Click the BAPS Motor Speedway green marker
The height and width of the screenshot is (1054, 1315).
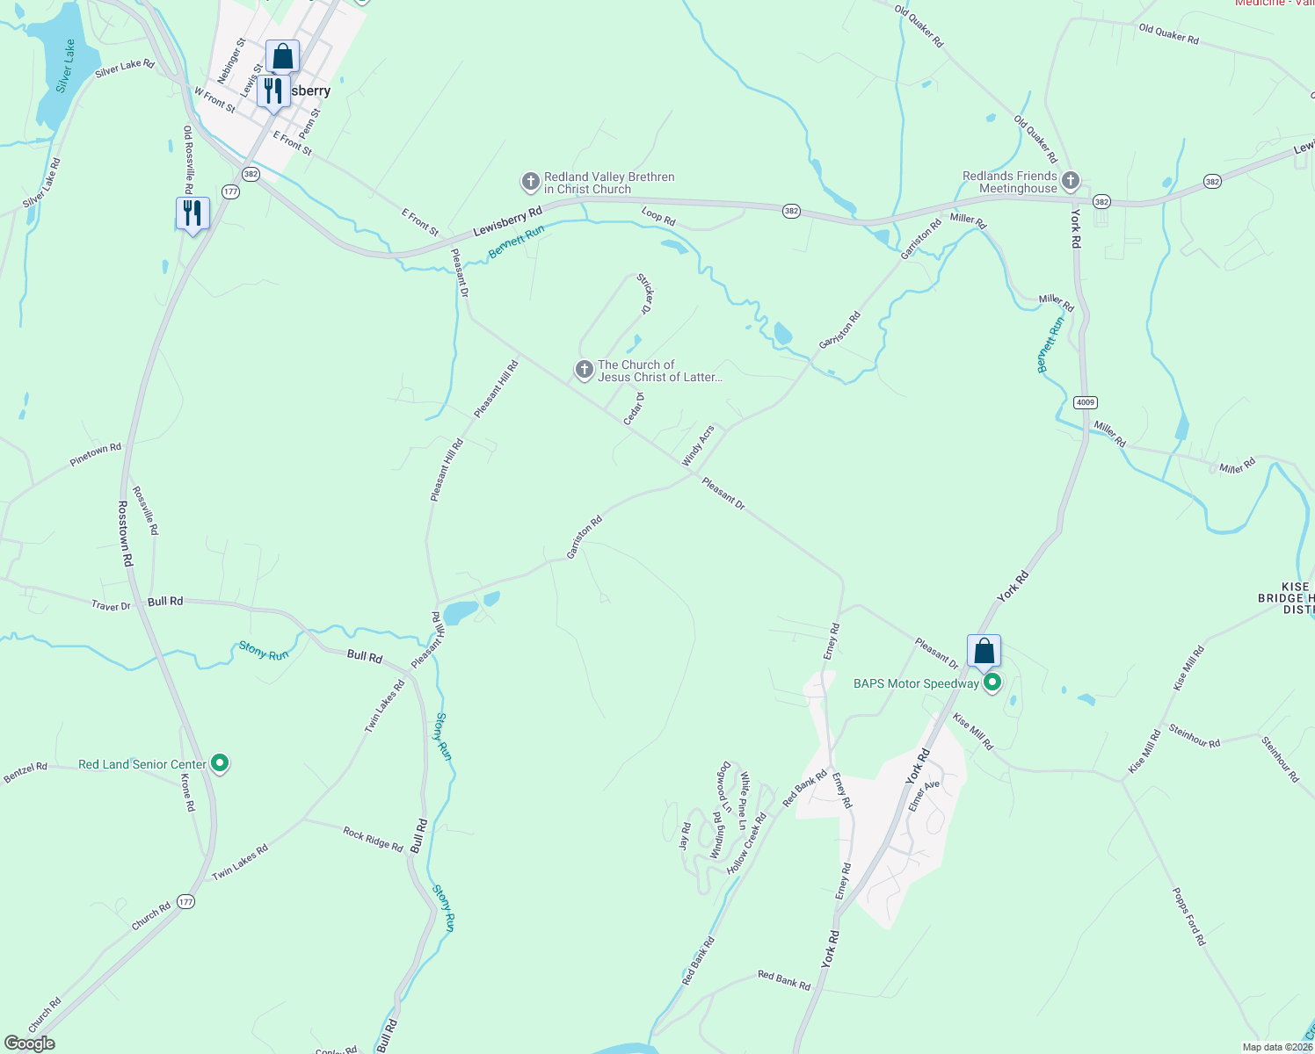[x=992, y=682]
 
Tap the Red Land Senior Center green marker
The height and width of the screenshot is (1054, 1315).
[x=221, y=764]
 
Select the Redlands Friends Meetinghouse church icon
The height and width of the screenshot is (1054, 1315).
[x=1070, y=182]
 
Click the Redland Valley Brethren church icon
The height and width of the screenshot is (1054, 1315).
[x=530, y=182]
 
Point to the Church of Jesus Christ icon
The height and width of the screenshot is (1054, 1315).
[x=584, y=370]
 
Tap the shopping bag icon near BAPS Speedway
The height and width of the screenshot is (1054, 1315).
[x=984, y=652]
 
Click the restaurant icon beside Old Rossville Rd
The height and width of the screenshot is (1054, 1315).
[x=193, y=213]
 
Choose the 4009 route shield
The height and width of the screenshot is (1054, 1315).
[x=1086, y=402]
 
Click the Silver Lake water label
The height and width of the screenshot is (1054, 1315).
[x=66, y=66]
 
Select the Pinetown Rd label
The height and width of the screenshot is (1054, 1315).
[x=96, y=454]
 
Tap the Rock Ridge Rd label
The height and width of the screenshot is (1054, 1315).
[x=373, y=839]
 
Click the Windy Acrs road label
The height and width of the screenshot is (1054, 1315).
[x=699, y=446]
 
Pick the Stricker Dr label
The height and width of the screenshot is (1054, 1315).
[x=645, y=294]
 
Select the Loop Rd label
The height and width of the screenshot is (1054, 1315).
[x=658, y=216]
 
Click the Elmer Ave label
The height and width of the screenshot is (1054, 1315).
[x=924, y=795]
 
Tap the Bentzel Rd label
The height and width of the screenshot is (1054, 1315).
[x=25, y=772]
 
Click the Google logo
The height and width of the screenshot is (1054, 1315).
[x=30, y=1043]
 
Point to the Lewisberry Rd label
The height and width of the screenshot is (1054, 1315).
[x=508, y=221]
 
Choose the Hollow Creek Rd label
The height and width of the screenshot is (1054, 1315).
[x=747, y=842]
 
